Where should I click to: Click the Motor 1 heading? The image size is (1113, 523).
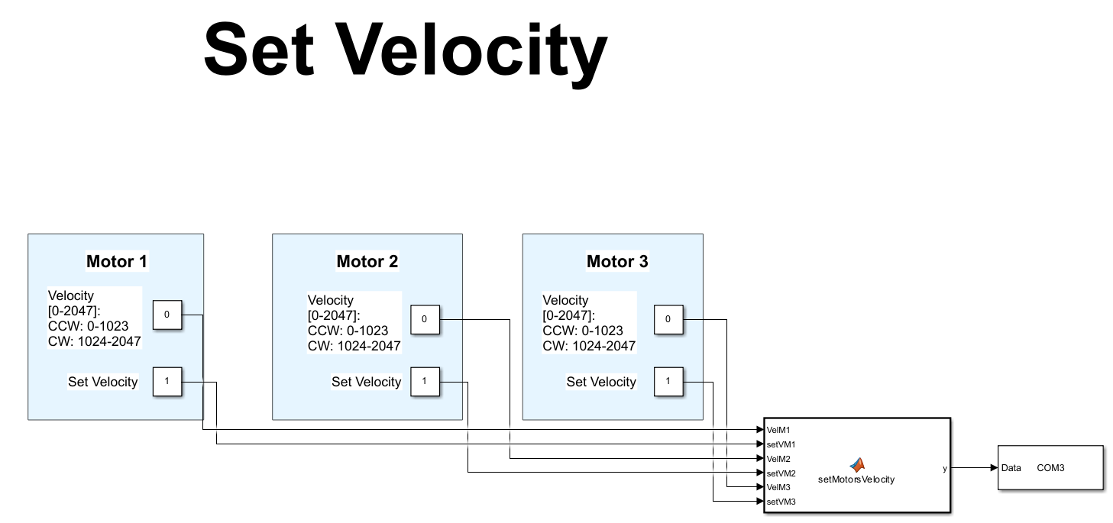pos(116,262)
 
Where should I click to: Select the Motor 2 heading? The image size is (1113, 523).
pos(367,262)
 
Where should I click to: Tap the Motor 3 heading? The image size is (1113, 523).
pos(617,262)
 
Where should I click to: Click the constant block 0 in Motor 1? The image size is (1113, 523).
pos(167,315)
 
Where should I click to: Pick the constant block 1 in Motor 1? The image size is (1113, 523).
pos(167,381)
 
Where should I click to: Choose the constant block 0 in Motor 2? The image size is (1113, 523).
pos(425,319)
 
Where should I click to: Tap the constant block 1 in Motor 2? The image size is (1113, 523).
pos(425,381)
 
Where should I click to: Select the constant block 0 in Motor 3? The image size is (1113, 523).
pos(668,319)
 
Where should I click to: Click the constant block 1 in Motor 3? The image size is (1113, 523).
pos(668,381)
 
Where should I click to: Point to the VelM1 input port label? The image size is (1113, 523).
pos(778,430)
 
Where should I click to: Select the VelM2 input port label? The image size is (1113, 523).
pos(778,459)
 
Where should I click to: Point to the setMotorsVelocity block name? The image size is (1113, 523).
pos(856,479)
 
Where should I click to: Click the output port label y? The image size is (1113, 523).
pos(944,468)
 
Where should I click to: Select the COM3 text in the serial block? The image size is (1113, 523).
pos(1050,468)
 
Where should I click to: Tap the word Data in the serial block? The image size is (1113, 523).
pos(1011,468)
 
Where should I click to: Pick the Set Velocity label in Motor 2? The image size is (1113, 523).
pos(366,382)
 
